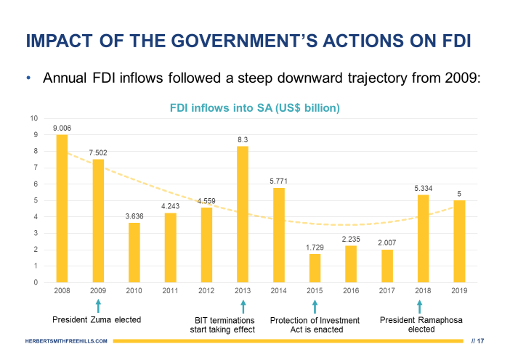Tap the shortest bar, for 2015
[315, 269]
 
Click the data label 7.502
[98, 152]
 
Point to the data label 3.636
[134, 216]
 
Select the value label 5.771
[278, 181]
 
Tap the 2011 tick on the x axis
[170, 290]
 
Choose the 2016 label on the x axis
[351, 290]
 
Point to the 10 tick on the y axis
[34, 118]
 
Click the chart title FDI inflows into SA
[254, 108]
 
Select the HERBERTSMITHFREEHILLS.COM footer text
[67, 341]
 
